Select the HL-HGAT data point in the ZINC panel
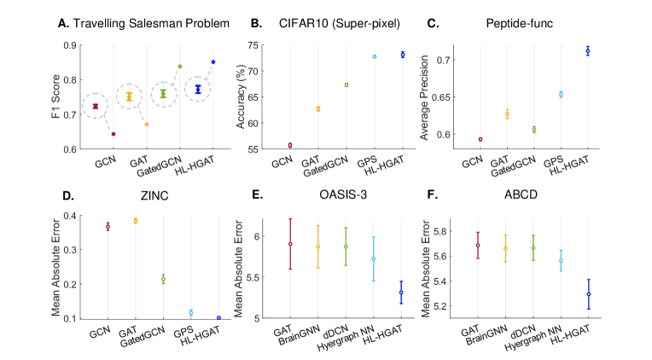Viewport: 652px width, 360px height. click(x=219, y=317)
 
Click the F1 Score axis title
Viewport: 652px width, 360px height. click(x=55, y=96)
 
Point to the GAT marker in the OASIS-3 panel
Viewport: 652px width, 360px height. click(x=289, y=244)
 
